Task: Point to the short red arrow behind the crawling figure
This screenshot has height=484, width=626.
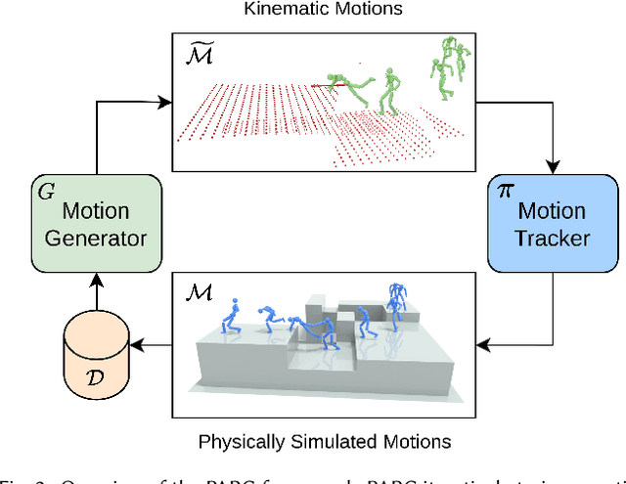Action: (x=323, y=85)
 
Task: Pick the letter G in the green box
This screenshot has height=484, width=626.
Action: (x=44, y=189)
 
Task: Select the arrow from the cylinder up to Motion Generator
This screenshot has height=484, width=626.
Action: (x=94, y=284)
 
